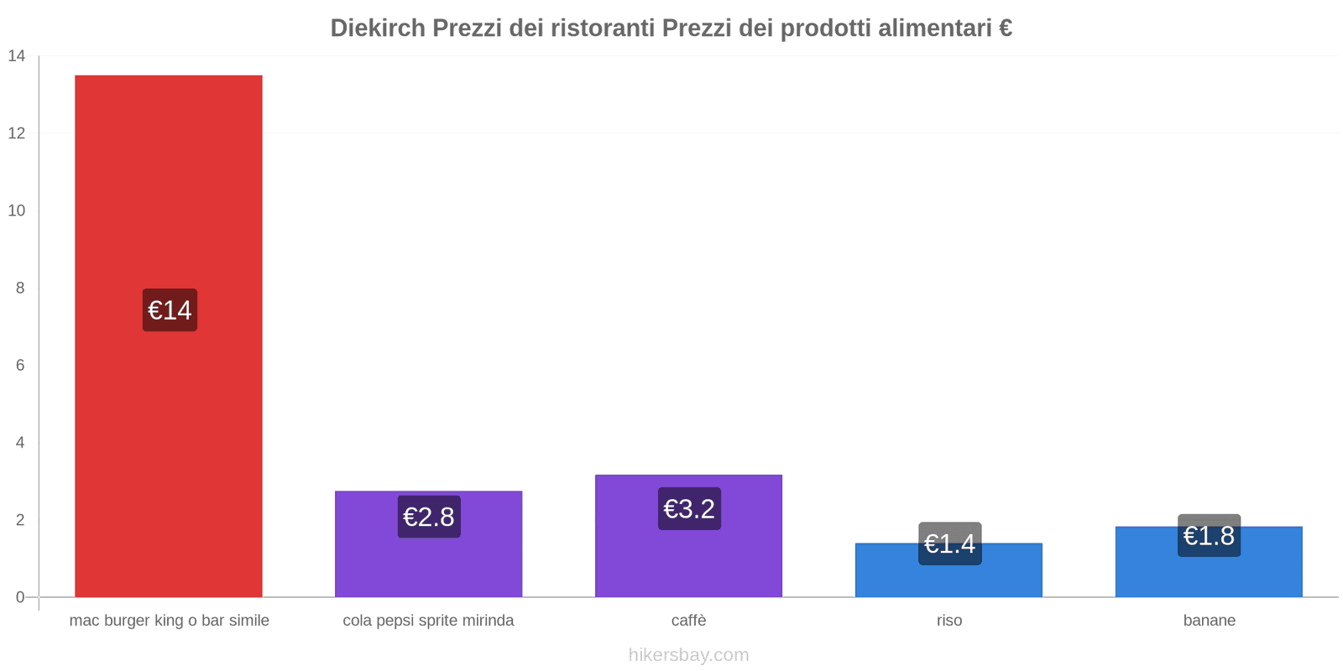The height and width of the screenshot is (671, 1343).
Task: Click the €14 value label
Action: point(170,310)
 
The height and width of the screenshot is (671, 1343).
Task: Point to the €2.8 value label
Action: point(429,517)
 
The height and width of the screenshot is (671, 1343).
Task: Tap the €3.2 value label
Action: point(689,508)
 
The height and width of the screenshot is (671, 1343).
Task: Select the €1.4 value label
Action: point(949,544)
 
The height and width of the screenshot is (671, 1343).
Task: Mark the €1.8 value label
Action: point(1209,535)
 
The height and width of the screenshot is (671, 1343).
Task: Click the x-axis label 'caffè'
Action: point(688,621)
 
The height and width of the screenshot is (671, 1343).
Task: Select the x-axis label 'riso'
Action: point(949,621)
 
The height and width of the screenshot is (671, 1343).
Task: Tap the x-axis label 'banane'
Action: point(1209,621)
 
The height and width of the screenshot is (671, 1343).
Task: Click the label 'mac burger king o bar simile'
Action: point(169,621)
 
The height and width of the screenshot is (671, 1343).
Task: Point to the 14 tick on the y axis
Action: point(17,56)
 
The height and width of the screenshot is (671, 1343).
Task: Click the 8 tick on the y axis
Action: point(20,288)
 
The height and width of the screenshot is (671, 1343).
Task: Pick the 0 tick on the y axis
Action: point(20,597)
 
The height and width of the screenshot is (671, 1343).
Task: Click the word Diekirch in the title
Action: point(377,28)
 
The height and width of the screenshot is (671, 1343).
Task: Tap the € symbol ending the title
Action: point(1005,28)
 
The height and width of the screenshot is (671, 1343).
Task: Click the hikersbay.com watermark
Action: point(688,654)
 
